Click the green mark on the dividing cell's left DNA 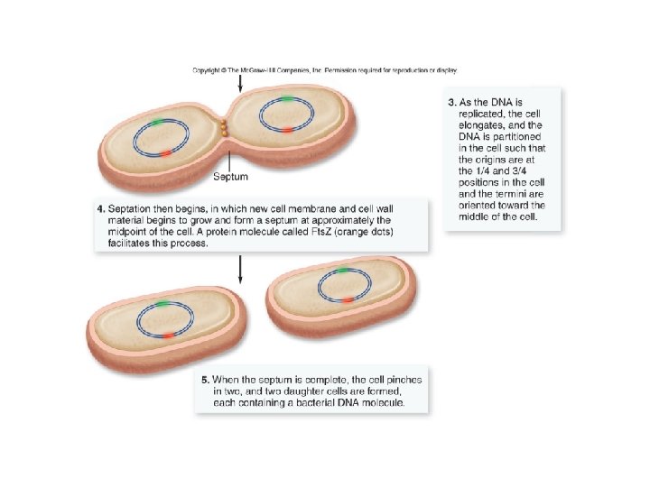[x=159, y=121]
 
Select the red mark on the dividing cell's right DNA [x=284, y=131]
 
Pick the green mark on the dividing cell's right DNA [x=285, y=98]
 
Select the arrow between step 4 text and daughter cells [x=239, y=268]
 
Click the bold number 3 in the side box [x=451, y=102]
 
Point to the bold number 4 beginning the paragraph [x=101, y=209]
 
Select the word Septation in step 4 [x=131, y=209]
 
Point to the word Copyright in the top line [x=209, y=69]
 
